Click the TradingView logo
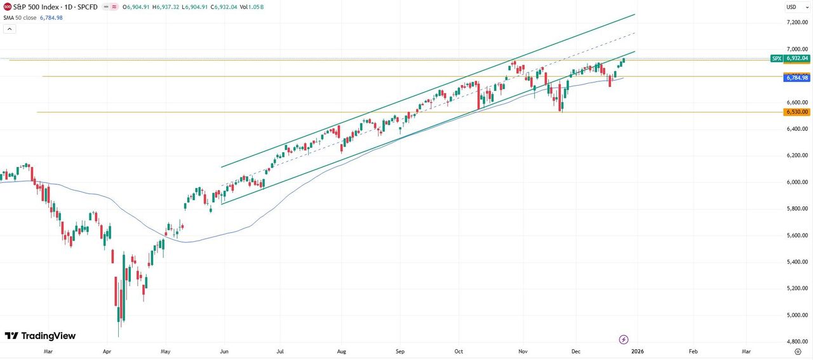tap(40, 336)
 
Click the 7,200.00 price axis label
tap(797, 22)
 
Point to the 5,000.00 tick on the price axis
tap(797, 315)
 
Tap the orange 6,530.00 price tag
tap(797, 112)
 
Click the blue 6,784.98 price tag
tap(797, 78)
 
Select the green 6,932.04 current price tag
tap(797, 58)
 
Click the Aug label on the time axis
tap(341, 350)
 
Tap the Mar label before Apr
tap(48, 350)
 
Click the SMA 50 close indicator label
tap(20, 18)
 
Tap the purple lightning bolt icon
tap(624, 340)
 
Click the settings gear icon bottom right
tap(798, 350)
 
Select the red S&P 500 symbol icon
tap(7, 7)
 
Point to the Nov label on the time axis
tap(523, 350)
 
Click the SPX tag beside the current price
tap(776, 58)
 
